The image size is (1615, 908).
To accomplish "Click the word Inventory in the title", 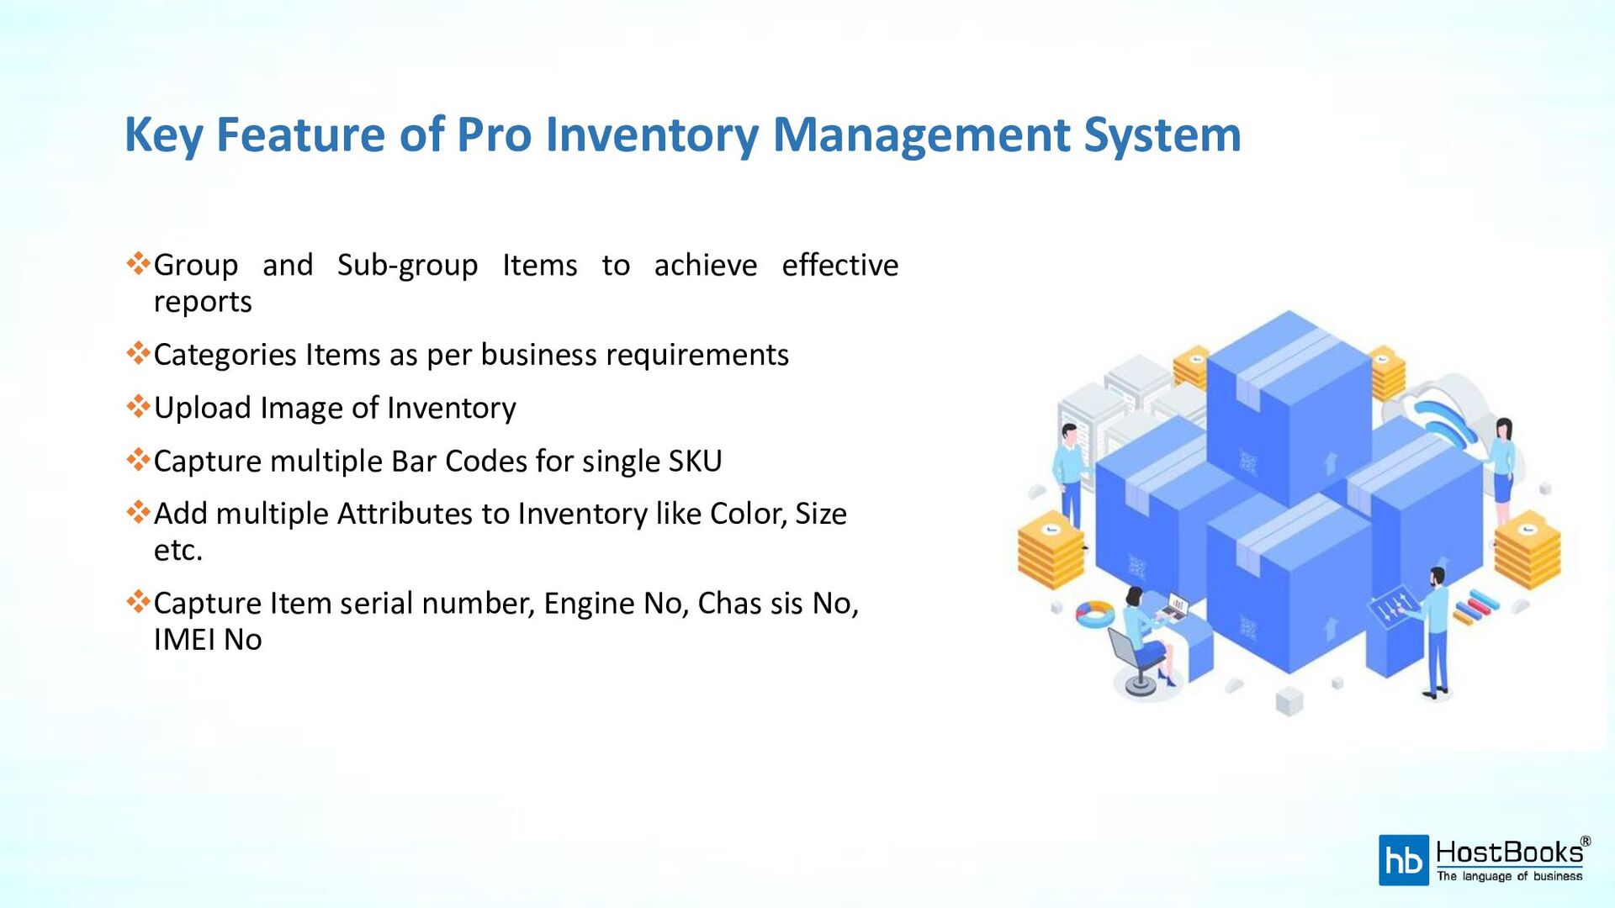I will pos(652,135).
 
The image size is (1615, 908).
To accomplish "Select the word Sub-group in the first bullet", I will pos(407,265).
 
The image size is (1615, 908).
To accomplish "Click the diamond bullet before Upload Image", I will pos(138,407).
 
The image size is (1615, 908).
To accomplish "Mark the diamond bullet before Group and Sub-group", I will pos(138,264).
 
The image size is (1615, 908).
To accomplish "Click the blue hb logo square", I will pos(1403,860).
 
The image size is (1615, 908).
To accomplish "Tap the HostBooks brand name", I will pos(1509,853).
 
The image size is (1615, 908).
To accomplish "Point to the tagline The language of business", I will pos(1509,876).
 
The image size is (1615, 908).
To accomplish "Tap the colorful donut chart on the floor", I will pos(1095,613).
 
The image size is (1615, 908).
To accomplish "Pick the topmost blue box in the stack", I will pos(1288,404).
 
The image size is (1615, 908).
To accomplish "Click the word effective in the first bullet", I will pos(839,265).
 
